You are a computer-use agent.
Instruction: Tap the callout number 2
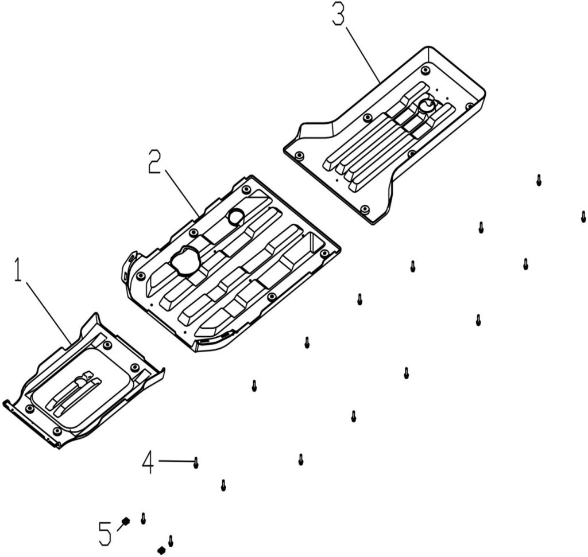click(154, 162)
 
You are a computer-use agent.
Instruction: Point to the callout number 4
click(148, 462)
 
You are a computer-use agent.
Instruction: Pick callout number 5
click(105, 534)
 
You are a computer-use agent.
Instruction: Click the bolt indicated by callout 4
click(196, 462)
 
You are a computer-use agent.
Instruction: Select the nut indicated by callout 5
click(125, 521)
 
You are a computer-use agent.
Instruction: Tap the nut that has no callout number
click(161, 550)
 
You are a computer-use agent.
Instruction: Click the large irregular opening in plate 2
click(185, 261)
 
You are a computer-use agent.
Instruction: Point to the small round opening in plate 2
click(236, 217)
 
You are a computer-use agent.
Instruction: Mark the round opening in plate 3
click(427, 106)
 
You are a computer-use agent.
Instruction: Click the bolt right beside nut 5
click(143, 517)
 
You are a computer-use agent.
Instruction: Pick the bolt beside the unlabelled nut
click(171, 540)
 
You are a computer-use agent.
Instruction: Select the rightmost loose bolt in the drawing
click(583, 216)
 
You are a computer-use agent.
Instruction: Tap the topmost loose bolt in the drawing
click(539, 180)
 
